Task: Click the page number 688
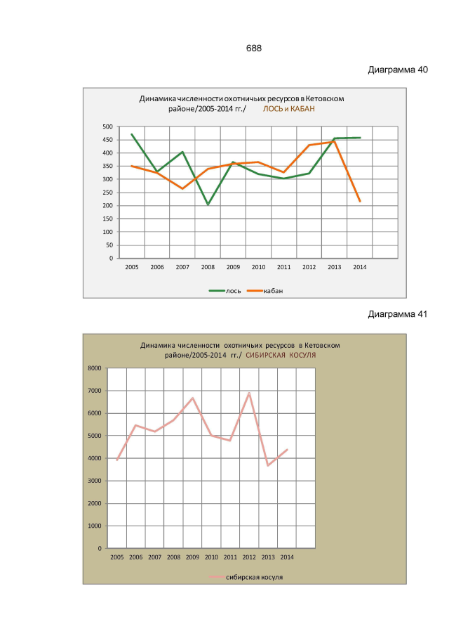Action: (254, 48)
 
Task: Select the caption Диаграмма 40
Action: (397, 71)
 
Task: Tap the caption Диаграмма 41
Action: (397, 314)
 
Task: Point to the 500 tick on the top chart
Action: (107, 126)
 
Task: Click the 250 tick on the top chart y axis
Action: (107, 193)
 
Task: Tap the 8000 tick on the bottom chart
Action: (95, 368)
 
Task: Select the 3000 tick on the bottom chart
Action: (95, 481)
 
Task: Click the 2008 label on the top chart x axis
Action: (208, 267)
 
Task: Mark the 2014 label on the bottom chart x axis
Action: (287, 557)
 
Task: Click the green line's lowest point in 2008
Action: (208, 205)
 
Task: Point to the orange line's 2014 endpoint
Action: (360, 202)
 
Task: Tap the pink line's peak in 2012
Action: (249, 393)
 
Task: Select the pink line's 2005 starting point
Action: (117, 460)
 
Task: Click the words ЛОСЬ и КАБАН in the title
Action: (289, 109)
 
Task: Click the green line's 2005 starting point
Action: (131, 134)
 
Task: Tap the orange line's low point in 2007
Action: (182, 188)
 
